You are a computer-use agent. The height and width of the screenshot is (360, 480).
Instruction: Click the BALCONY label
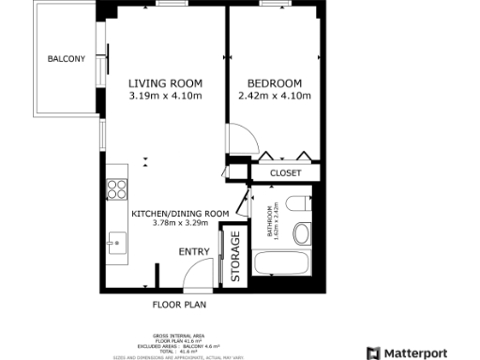point(66,59)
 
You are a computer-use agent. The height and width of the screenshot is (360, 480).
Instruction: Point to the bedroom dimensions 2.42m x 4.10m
point(275,96)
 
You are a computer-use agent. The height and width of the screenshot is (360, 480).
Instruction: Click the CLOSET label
point(285,173)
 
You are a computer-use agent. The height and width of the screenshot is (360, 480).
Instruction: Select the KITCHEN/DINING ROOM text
point(181,214)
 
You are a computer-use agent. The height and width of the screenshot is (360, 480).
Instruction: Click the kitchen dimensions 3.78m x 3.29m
point(181,224)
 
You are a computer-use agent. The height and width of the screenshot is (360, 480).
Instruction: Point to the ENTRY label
point(193,251)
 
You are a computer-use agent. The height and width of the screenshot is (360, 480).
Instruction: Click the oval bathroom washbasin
point(303,233)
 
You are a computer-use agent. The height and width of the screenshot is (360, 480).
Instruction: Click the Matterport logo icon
point(373,352)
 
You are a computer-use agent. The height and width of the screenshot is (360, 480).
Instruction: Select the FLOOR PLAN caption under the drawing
point(179,305)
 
